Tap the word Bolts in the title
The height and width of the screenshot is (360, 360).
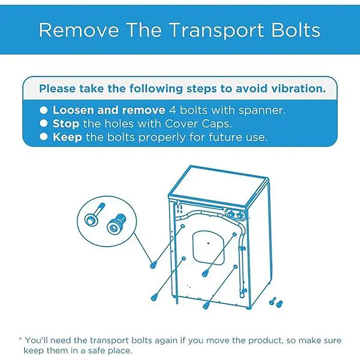296,30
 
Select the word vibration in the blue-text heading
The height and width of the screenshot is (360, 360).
298,88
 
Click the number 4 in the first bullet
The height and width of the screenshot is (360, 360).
172,110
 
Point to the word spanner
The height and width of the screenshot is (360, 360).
262,111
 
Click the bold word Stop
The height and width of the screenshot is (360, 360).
66,124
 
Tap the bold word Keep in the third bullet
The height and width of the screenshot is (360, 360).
67,137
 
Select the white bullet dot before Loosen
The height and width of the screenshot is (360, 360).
43,110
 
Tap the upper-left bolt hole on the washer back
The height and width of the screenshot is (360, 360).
183,226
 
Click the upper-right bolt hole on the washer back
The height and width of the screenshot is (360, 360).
235,234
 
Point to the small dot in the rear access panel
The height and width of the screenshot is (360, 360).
208,243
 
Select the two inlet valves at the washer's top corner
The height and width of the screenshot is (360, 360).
235,214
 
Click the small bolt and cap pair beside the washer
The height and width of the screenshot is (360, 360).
276,302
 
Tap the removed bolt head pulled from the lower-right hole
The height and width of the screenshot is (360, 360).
206,305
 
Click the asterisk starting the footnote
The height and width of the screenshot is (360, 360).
21,339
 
